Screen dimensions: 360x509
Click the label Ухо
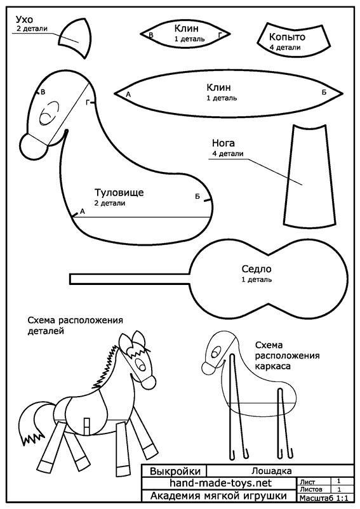(x=24, y=20)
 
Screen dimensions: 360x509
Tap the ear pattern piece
(x=76, y=37)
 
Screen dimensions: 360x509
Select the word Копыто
(x=287, y=37)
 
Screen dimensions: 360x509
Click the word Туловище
(x=119, y=192)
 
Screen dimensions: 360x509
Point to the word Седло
(x=257, y=269)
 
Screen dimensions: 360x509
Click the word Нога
(x=223, y=143)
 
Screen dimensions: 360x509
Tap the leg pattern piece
(x=309, y=176)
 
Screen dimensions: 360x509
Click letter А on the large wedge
(x=128, y=95)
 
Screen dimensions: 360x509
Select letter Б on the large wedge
(x=324, y=93)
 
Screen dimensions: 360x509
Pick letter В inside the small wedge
(x=151, y=35)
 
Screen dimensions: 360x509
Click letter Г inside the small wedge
(x=220, y=34)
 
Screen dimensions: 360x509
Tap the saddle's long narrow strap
(x=130, y=279)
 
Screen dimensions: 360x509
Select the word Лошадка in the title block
(x=271, y=471)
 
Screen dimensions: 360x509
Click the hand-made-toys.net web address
(x=220, y=483)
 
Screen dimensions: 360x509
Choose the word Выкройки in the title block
(x=175, y=471)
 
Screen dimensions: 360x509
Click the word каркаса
(x=272, y=366)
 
